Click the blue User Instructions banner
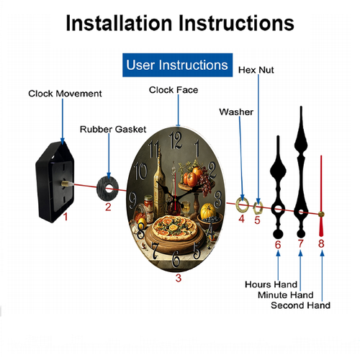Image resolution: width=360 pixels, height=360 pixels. pyautogui.click(x=177, y=65)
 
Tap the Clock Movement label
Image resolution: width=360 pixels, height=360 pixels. pyautogui.click(x=65, y=94)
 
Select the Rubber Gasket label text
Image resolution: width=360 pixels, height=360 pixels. pyautogui.click(x=113, y=130)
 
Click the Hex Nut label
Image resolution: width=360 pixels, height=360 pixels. pyautogui.click(x=256, y=70)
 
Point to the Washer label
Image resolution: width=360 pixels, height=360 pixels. pyautogui.click(x=236, y=112)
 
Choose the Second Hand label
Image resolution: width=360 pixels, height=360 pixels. pyautogui.click(x=300, y=305)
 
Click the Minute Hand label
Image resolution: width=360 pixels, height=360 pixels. pyautogui.click(x=286, y=295)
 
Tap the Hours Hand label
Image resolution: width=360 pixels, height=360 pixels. pyautogui.click(x=271, y=284)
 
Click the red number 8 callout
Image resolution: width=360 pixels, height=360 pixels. pyautogui.click(x=321, y=243)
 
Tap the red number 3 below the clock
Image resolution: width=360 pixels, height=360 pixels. pyautogui.click(x=178, y=278)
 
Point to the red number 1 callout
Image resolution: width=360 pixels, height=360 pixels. pyautogui.click(x=66, y=217)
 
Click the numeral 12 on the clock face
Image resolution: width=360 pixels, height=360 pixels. pyautogui.click(x=176, y=140)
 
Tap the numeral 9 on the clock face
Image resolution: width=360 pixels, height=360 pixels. pyautogui.click(x=132, y=201)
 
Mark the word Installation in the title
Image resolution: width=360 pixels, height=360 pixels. pyautogui.click(x=119, y=23)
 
